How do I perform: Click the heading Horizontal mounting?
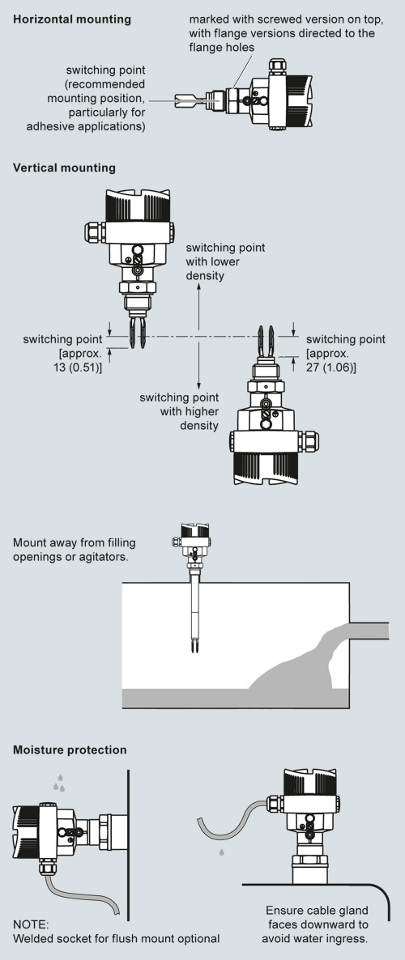pyautogui.click(x=72, y=19)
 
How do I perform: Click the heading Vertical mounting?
pyautogui.click(x=64, y=167)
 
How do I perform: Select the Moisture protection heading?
pyautogui.click(x=70, y=750)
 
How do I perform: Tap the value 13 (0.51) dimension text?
pyautogui.click(x=78, y=367)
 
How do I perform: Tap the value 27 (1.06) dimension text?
pyautogui.click(x=330, y=367)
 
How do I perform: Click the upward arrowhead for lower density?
pyautogui.click(x=198, y=288)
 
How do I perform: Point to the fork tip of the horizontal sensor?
pyautogui.click(x=177, y=100)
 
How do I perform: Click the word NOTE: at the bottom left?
pyautogui.click(x=31, y=924)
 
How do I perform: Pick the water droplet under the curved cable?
pyautogui.click(x=221, y=852)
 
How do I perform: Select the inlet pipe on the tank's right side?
pyautogui.click(x=369, y=631)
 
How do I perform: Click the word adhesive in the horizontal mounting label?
pyautogui.click(x=48, y=126)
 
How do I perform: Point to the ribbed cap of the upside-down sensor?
pyautogui.click(x=266, y=469)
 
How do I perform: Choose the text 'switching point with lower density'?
pyautogui.click(x=225, y=261)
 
